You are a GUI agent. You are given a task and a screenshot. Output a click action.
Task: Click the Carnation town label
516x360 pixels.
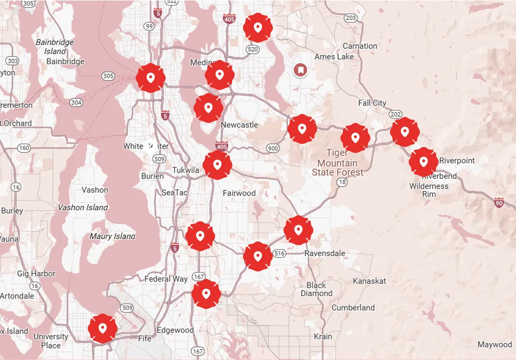(359, 46)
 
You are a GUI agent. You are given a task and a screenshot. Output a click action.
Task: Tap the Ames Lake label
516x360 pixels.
(334, 56)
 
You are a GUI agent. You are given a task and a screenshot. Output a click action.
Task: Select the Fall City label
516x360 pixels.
(372, 102)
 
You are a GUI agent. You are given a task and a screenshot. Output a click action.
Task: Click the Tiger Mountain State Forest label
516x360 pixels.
(338, 163)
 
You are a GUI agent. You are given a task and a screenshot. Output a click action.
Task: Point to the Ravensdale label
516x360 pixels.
(324, 253)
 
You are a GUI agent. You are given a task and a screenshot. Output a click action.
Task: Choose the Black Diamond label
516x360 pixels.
(316, 289)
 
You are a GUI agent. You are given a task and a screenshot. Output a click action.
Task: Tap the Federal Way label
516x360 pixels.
(166, 279)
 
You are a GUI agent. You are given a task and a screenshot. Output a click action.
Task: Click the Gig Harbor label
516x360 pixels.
(36, 273)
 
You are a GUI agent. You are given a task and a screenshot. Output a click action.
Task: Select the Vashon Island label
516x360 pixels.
(82, 207)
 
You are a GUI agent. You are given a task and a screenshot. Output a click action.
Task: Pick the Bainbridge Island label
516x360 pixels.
(54, 46)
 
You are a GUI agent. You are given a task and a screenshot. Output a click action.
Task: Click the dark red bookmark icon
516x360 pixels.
(300, 70)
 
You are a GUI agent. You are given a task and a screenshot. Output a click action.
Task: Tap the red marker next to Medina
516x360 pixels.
(219, 75)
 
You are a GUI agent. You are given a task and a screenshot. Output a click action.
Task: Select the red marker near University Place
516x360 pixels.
(102, 328)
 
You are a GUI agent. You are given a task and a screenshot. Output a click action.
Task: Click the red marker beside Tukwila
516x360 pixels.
(217, 164)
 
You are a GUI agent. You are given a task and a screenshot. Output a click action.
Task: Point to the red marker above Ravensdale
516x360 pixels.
(298, 230)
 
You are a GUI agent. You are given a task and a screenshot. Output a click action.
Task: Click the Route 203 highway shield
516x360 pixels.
(351, 18)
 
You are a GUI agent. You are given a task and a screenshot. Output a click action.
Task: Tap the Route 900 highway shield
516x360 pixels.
(273, 148)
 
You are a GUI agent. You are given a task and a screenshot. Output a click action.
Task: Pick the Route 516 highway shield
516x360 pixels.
(279, 253)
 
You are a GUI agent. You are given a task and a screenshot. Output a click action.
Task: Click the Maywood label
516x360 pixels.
(494, 344)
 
